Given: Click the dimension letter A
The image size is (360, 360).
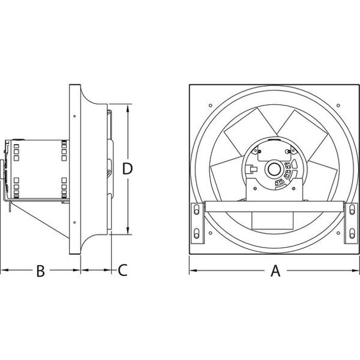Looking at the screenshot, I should coord(275,270).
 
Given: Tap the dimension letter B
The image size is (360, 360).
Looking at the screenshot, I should coord(40,270).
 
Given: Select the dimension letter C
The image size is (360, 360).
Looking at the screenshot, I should coord(122,270).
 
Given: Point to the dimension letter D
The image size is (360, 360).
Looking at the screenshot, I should coord(127,168).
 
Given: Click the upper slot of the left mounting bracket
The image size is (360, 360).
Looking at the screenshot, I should coord(196,211).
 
